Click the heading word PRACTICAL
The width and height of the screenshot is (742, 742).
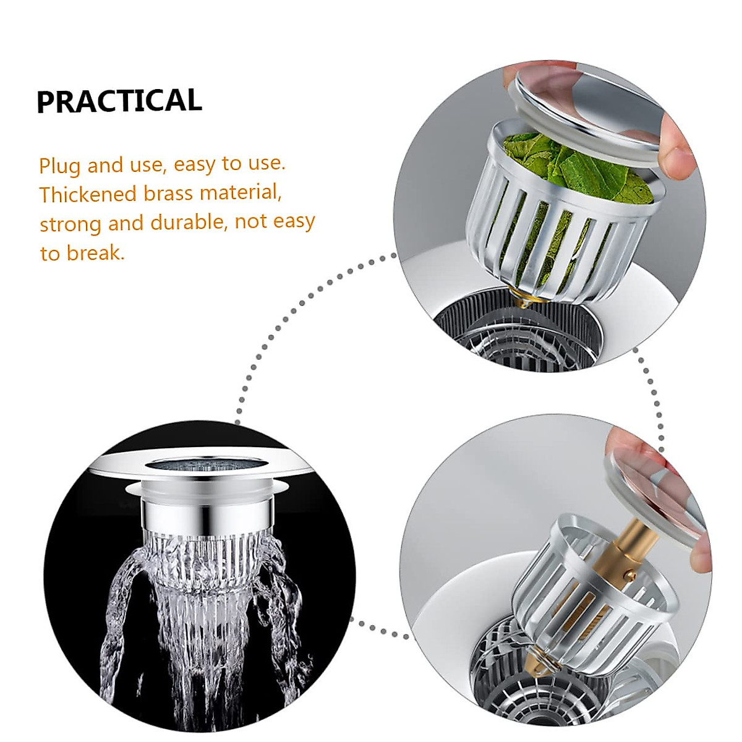pos(119,101)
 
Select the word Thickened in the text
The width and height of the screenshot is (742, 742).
pos(88,194)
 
